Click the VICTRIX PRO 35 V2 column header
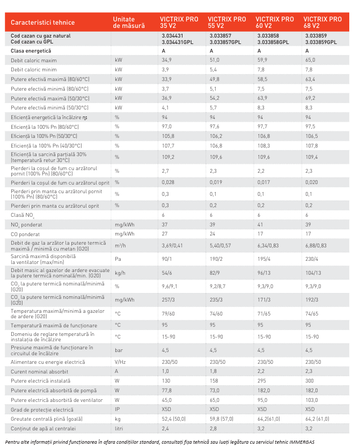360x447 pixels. pyautogui.click(x=179, y=22)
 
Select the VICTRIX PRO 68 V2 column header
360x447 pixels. pyautogui.click(x=322, y=22)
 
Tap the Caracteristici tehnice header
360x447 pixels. pyautogui.click(x=43, y=23)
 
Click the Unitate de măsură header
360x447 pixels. pyautogui.click(x=129, y=23)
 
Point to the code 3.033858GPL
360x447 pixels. pyautogui.click(x=273, y=42)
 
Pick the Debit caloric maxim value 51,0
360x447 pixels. pyautogui.click(x=215, y=60)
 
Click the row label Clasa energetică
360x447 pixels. pyautogui.click(x=31, y=51)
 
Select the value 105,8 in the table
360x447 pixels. pyautogui.click(x=168, y=136)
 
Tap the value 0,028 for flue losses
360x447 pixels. pyautogui.click(x=168, y=182)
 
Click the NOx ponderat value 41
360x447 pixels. pyautogui.click(x=260, y=225)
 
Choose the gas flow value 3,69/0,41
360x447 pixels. pyautogui.click(x=172, y=245)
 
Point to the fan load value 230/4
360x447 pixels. pyautogui.click(x=312, y=259)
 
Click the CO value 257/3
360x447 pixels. pyautogui.click(x=168, y=300)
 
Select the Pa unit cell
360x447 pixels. pyautogui.click(x=117, y=259)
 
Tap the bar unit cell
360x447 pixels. pyautogui.click(x=119, y=350)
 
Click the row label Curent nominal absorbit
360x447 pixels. pyautogui.click(x=39, y=372)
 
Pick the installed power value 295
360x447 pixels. pyautogui.click(x=262, y=381)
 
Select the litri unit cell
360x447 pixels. pyautogui.click(x=119, y=428)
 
